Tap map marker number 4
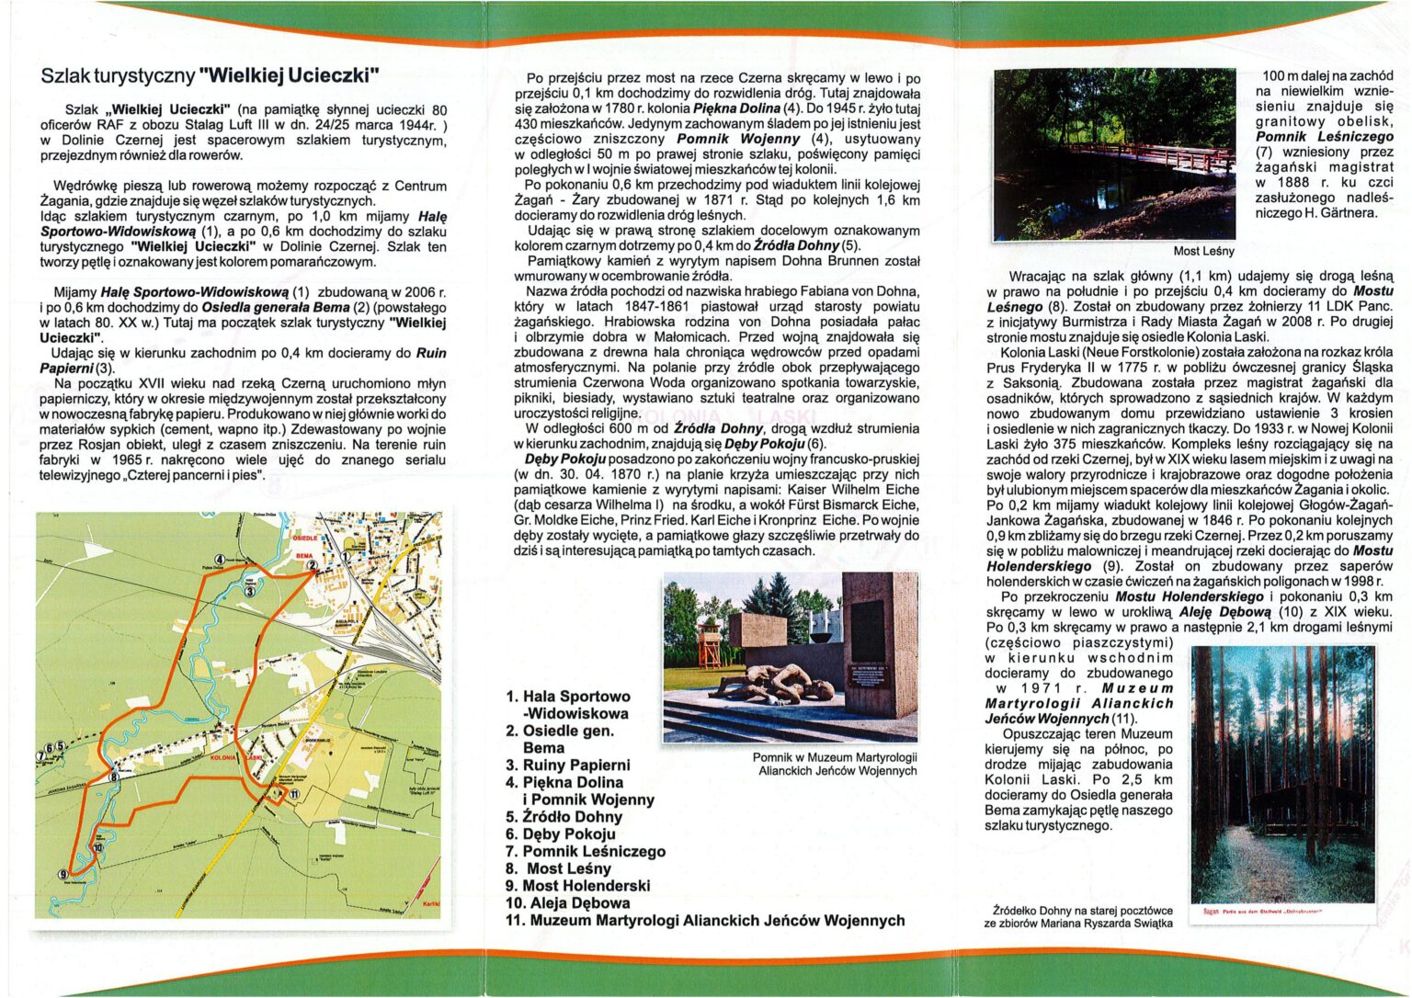[x=220, y=560]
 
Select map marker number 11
[x=294, y=794]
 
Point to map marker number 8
[x=114, y=777]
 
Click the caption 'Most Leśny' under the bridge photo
[x=1203, y=251]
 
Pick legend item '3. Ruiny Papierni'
[x=568, y=765]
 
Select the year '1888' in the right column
[x=1282, y=183]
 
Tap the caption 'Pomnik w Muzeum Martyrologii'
[x=835, y=756]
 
